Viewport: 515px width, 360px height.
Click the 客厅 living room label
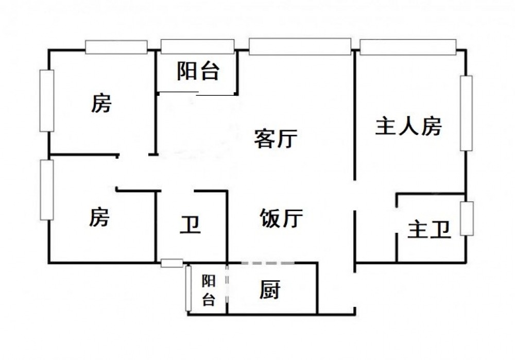coord(276,139)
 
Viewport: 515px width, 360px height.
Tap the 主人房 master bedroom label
coord(408,126)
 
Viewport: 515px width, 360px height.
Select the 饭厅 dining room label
coord(281,218)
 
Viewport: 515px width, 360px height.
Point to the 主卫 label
coord(430,230)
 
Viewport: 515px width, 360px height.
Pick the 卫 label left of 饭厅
coord(190,225)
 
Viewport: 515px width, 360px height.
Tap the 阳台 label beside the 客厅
coord(198,71)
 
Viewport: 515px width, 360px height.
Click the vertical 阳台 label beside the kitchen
coord(208,290)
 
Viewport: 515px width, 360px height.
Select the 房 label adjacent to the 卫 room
coord(99,217)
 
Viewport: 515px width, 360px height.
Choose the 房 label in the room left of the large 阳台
coord(101,104)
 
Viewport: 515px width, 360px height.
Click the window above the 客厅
coord(300,46)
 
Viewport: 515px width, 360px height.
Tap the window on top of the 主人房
coord(408,47)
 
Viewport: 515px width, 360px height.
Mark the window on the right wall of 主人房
coord(466,113)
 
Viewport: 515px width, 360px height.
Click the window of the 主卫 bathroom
coord(467,218)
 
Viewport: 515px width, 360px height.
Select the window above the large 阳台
coord(198,46)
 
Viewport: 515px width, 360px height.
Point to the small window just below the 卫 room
coord(171,263)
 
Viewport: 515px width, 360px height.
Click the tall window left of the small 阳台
coord(188,288)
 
